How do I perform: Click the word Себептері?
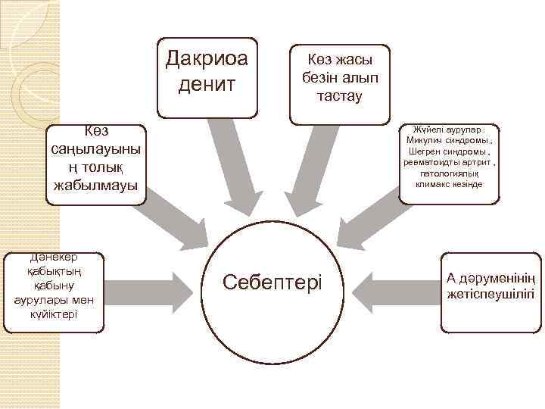272,283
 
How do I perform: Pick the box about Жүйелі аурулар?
449,161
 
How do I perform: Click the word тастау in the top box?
340,96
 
